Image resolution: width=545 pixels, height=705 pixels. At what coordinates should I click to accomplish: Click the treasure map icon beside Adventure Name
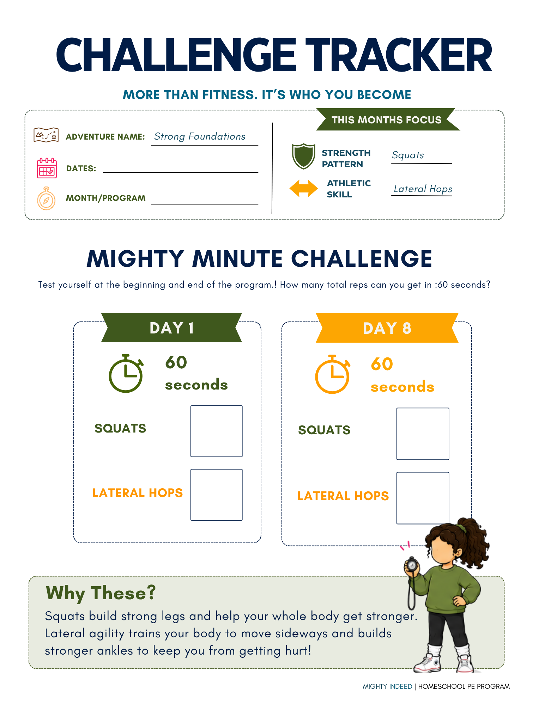pyautogui.click(x=46, y=135)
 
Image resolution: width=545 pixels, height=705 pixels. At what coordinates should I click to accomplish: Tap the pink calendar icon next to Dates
pyautogui.click(x=47, y=168)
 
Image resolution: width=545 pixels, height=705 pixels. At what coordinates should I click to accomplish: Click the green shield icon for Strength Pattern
pyautogui.click(x=303, y=156)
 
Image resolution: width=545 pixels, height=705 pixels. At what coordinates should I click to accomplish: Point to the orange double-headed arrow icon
pyautogui.click(x=303, y=188)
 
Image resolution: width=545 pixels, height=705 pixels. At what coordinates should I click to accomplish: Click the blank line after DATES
pyautogui.click(x=181, y=172)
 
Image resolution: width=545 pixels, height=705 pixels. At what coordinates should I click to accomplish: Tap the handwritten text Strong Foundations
pyautogui.click(x=200, y=136)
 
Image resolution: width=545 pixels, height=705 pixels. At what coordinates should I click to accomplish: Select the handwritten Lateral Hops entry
pyautogui.click(x=423, y=189)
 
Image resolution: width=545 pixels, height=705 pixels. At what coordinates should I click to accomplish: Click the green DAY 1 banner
pyautogui.click(x=171, y=327)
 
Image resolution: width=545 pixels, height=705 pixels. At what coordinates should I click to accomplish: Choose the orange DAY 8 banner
pyautogui.click(x=387, y=328)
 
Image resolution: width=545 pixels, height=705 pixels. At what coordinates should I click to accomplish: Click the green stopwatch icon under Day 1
pyautogui.click(x=126, y=374)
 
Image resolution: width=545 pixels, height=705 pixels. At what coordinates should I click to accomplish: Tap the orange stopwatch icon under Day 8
pyautogui.click(x=332, y=374)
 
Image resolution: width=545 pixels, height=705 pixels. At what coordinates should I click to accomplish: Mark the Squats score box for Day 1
pyautogui.click(x=217, y=431)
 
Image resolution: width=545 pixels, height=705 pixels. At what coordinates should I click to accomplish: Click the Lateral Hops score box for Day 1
pyautogui.click(x=217, y=495)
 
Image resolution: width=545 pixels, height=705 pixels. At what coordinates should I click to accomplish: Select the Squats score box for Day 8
pyautogui.click(x=423, y=434)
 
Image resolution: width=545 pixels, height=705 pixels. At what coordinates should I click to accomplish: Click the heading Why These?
pyautogui.click(x=101, y=593)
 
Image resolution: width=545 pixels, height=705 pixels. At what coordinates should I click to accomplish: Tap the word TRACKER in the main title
pyautogui.click(x=399, y=55)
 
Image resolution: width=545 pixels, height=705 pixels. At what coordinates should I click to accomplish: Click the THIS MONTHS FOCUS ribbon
pyautogui.click(x=387, y=119)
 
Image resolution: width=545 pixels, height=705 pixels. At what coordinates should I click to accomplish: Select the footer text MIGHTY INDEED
pyautogui.click(x=387, y=686)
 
